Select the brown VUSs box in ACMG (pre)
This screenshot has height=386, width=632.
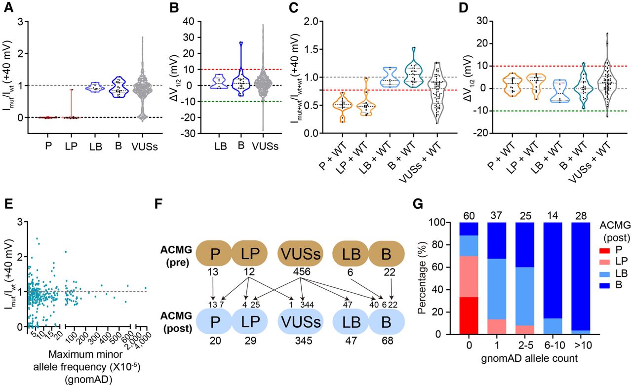pos(301,253)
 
